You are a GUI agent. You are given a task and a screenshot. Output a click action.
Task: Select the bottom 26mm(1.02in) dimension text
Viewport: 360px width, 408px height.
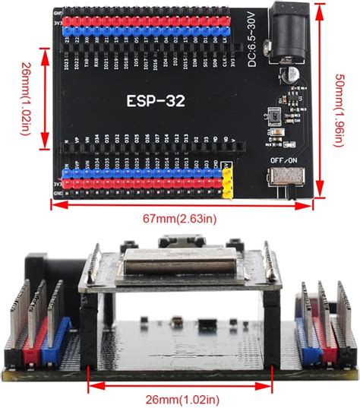tap(180, 399)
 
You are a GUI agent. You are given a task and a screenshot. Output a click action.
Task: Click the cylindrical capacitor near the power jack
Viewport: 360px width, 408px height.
tap(288, 77)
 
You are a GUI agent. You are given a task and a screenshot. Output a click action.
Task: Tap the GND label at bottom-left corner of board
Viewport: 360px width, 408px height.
tap(58, 195)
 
